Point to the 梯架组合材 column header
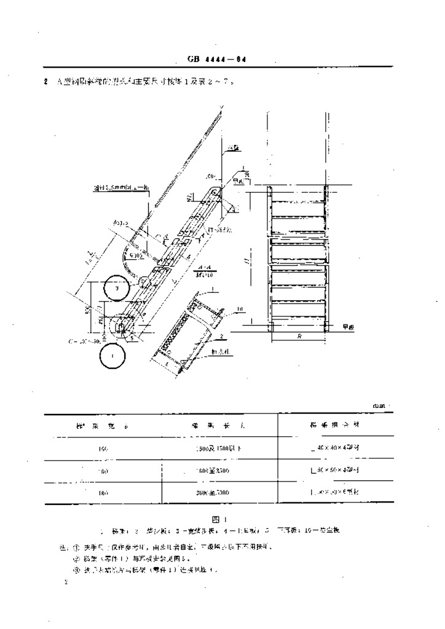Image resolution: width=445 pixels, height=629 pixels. (334, 424)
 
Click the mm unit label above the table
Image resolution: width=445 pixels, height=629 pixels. (381, 405)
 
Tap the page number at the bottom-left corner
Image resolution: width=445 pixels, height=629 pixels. (66, 582)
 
